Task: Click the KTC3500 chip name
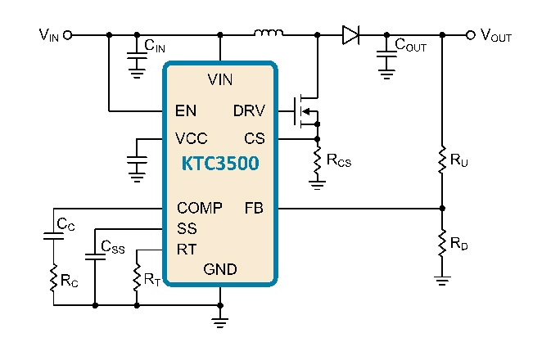(220, 164)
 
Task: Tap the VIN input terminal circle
(67, 35)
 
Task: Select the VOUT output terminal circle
(471, 35)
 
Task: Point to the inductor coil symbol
(269, 33)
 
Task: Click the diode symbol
(350, 35)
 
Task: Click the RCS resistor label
(339, 160)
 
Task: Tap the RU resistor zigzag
(442, 160)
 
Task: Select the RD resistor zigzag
(442, 243)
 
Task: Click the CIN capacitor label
(155, 46)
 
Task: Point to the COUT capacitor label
(411, 45)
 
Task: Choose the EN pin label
(186, 111)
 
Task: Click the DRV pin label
(249, 111)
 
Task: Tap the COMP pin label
(200, 208)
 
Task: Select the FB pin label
(254, 208)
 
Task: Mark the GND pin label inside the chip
(220, 269)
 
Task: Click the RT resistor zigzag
(137, 277)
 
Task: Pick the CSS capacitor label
(113, 247)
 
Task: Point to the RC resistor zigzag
(53, 278)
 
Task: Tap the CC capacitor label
(65, 224)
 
